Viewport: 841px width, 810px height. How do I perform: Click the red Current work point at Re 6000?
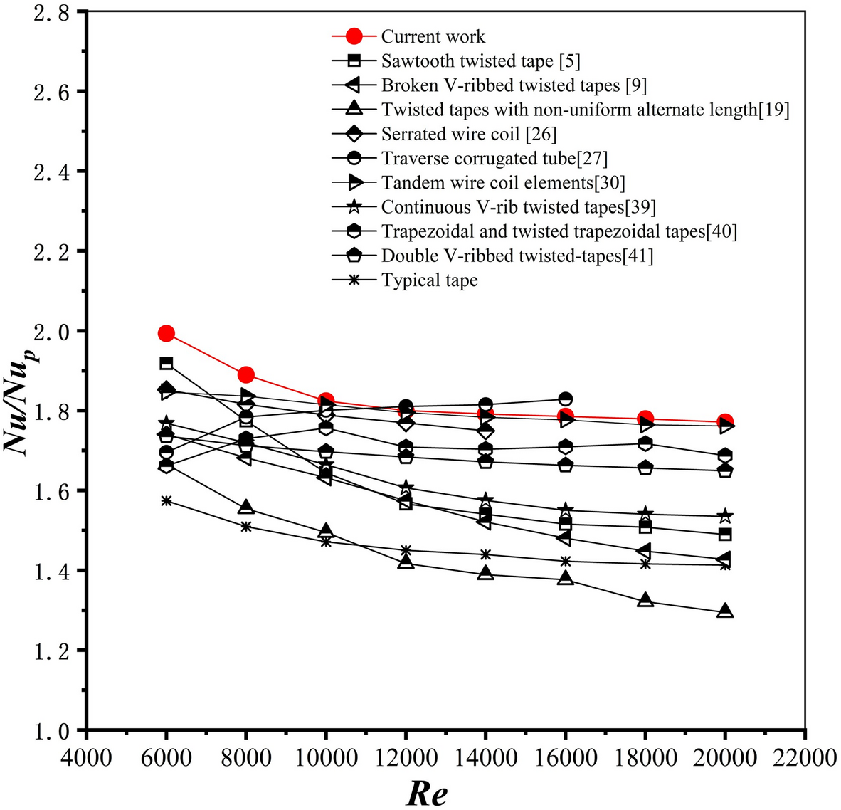[166, 333]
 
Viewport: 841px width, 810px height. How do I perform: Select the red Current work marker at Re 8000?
[246, 374]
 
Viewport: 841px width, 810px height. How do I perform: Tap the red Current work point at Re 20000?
[725, 422]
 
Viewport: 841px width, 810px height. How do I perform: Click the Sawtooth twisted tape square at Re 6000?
[166, 363]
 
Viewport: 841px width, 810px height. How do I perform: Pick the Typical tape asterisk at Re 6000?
[166, 501]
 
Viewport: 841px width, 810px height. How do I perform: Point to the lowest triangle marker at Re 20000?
[725, 611]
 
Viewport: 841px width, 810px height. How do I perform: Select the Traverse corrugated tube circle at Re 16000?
[566, 399]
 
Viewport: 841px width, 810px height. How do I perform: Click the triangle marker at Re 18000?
[645, 600]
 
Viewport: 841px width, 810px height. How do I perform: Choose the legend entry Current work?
[433, 36]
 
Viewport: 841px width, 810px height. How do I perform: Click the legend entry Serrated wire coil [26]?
[468, 134]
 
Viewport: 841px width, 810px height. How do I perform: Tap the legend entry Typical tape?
[429, 280]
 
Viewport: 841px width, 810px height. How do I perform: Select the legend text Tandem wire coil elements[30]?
[503, 183]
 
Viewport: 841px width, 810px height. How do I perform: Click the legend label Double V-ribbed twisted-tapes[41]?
[517, 256]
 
